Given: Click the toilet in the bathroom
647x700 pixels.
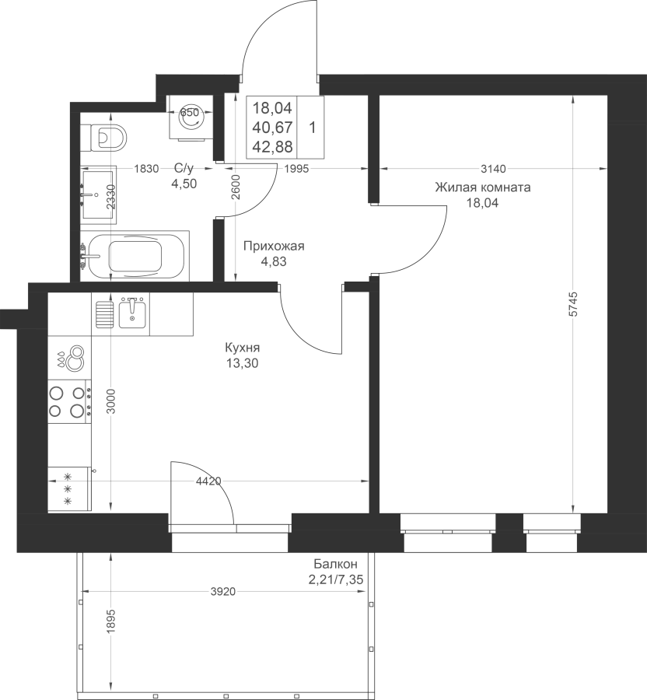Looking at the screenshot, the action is coord(108,137).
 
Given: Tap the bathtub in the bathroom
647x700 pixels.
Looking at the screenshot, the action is coord(135,256).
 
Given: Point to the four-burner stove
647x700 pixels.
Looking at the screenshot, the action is coord(70,401).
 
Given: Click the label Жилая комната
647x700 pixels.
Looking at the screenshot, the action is coord(483,187).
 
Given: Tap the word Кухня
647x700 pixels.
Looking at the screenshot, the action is coord(243,348).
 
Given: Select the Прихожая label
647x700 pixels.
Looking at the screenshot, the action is coord(274,246).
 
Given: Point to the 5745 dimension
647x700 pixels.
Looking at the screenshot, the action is coord(573,304).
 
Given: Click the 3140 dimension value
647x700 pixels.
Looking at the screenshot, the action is coord(494,169).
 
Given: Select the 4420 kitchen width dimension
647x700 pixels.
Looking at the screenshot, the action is coord(209,481).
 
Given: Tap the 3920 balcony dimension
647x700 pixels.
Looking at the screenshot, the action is coord(222,592).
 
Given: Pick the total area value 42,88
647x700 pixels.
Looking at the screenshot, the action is coord(273,146).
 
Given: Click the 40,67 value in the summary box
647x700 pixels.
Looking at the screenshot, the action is coord(273,128).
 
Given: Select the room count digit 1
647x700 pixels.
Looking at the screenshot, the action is coord(313,128).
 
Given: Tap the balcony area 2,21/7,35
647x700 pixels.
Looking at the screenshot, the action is coord(335,579).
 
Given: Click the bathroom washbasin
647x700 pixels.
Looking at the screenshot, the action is coord(99,194).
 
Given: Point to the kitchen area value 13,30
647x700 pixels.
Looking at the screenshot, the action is coord(243,363).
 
